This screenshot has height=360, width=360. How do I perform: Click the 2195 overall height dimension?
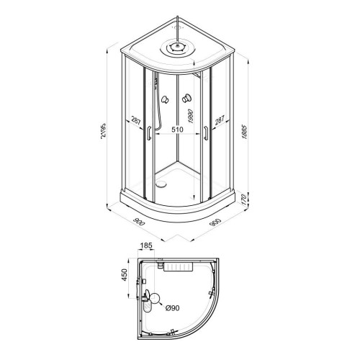point(103,131)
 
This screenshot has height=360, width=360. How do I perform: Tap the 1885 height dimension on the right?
point(245,132)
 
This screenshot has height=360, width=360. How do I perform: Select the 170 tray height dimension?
point(244,199)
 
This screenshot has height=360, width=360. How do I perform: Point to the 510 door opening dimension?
point(177,130)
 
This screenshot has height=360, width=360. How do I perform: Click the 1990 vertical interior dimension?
point(190,116)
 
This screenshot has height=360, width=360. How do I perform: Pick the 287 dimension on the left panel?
point(136,121)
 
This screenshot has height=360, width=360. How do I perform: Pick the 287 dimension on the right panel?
point(220,120)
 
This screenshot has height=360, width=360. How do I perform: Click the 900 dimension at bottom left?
point(139,222)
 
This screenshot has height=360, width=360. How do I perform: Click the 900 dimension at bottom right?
point(215,222)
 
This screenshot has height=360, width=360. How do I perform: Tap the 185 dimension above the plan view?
point(146,246)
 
